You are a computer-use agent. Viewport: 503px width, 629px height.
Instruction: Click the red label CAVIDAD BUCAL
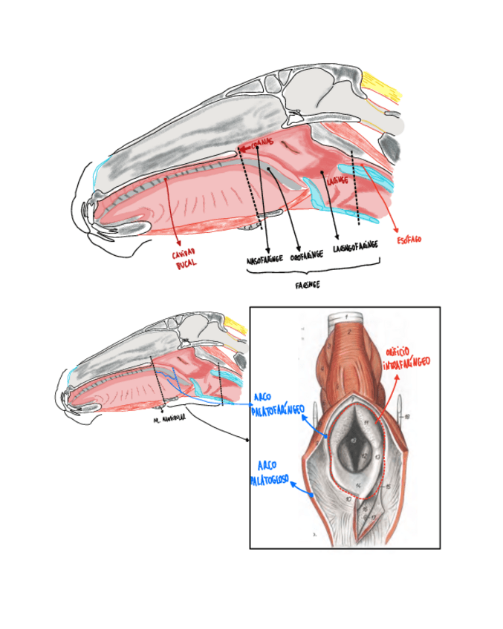(184, 260)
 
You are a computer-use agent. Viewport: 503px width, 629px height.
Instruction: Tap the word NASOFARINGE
(264, 260)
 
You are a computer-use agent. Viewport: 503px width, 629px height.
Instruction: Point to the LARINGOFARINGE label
(355, 246)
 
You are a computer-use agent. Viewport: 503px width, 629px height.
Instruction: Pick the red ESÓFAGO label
(409, 240)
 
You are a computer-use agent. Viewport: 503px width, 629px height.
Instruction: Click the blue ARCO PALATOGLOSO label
(268, 472)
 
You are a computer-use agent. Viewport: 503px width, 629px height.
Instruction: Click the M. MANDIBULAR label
(169, 418)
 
